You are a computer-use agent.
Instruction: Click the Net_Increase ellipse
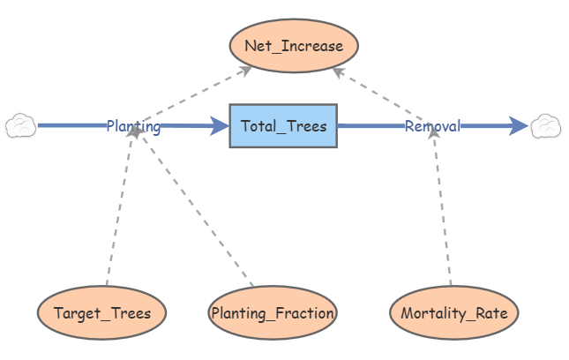[294, 46]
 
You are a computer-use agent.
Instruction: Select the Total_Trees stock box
[283, 126]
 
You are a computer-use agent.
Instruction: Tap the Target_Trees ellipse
[102, 313]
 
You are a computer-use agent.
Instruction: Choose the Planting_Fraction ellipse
[273, 313]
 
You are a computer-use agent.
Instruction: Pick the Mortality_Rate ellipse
[454, 313]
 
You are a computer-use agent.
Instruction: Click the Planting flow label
[133, 126]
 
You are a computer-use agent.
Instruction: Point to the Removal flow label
[432, 126]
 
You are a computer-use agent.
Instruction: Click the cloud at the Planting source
[20, 125]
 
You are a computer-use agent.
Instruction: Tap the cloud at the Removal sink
[546, 126]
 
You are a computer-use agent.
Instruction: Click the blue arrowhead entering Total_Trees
[220, 126]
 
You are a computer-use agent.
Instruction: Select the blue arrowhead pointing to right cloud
[519, 126]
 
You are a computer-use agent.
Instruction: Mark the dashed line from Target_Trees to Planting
[120, 206]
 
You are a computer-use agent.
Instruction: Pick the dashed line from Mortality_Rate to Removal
[442, 206]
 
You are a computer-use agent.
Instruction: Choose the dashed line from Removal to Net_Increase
[379, 94]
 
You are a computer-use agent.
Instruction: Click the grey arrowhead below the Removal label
[434, 133]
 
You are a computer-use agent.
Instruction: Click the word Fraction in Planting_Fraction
[304, 313]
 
